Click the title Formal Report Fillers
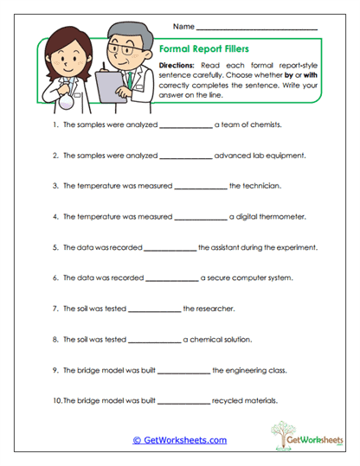pos(203,50)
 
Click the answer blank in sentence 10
pos(183,401)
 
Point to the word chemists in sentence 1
pos(265,124)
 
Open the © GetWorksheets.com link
pos(180,440)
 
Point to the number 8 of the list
pos(55,340)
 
